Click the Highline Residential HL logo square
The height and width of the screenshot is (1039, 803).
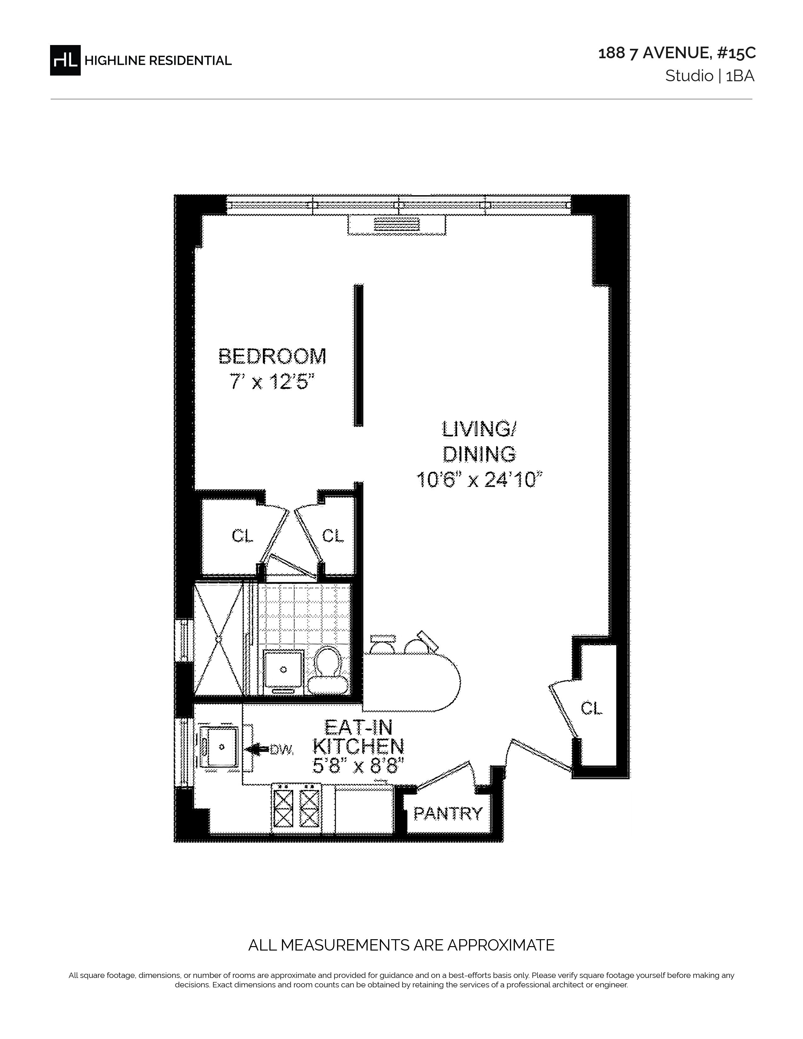coord(65,60)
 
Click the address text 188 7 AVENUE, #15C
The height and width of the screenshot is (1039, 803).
coord(676,53)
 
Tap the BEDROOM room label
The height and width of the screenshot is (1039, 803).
coord(272,356)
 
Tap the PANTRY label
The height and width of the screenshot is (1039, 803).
coord(448,814)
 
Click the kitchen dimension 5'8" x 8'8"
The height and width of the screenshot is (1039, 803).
coord(358,766)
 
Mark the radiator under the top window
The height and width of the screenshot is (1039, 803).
coord(397,224)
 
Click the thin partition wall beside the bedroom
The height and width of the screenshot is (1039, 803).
coord(358,355)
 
